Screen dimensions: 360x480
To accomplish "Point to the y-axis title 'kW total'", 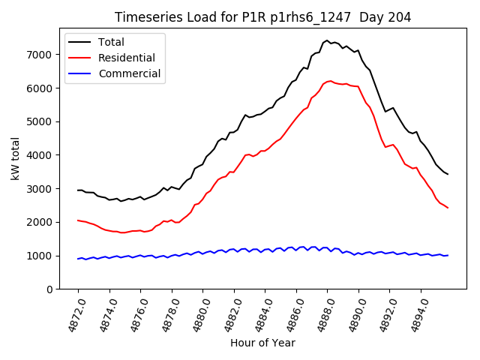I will tap(15, 158).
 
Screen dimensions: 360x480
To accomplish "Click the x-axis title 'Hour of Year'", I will tap(262, 343).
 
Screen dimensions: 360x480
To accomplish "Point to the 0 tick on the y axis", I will tap(50, 289).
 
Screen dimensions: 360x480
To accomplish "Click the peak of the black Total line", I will tap(327, 40).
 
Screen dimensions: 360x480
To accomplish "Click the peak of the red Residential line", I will tap(331, 81).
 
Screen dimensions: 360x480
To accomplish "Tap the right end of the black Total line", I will tap(448, 174).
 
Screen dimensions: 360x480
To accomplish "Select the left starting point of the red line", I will tap(78, 220).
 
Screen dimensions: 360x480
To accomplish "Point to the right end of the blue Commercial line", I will tap(448, 255).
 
